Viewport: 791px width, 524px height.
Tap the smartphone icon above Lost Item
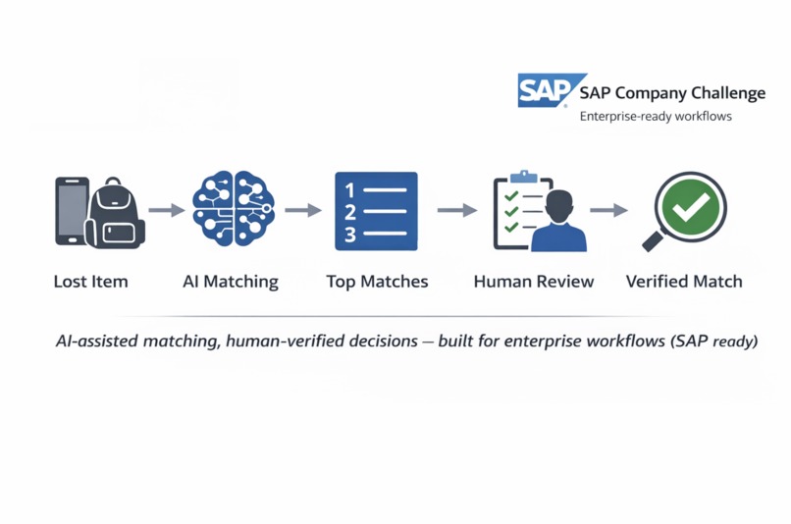[71, 211]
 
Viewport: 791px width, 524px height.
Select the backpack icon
[116, 213]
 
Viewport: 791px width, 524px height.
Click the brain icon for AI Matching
[234, 208]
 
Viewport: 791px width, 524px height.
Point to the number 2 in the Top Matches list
[350, 212]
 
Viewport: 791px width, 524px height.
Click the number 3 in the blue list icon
[350, 235]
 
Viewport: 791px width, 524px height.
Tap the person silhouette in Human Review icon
[559, 222]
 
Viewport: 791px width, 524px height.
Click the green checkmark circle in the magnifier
[691, 207]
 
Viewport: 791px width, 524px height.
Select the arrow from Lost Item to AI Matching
[167, 210]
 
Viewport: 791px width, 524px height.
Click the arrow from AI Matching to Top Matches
[303, 210]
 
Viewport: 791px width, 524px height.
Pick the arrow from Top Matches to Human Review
[457, 210]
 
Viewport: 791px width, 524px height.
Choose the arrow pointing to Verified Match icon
[608, 210]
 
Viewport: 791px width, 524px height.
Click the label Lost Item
[91, 282]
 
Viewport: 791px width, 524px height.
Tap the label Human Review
[534, 282]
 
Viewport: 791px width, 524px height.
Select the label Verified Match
[684, 282]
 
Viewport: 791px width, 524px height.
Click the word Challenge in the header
[728, 93]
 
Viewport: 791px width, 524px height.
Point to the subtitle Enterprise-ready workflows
[656, 117]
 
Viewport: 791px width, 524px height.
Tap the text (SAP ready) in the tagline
[714, 341]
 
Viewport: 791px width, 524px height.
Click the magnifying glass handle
[655, 239]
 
